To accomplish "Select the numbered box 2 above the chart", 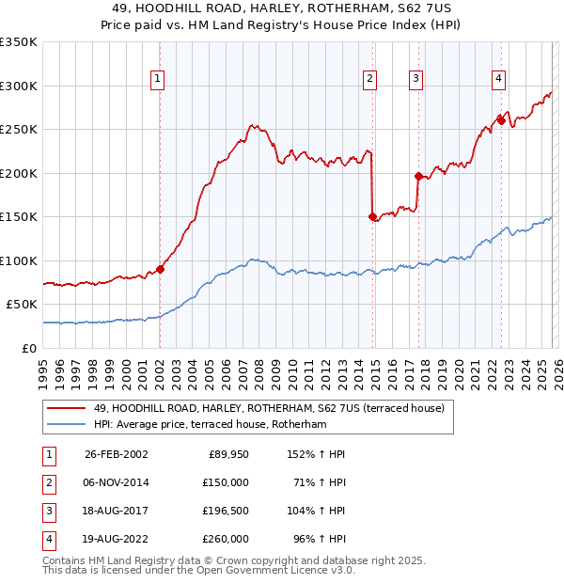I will (370, 79).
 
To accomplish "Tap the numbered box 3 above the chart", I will (415, 79).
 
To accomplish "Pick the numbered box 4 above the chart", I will (498, 79).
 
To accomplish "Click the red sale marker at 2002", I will (160, 269).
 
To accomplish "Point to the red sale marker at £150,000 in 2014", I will (373, 216).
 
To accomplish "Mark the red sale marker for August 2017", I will (418, 176).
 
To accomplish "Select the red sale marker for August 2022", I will (502, 119).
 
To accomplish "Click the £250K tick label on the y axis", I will (19, 130).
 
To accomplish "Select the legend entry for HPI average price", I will (209, 425).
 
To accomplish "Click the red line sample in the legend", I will (66, 409).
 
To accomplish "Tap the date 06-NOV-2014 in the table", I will (117, 482).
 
